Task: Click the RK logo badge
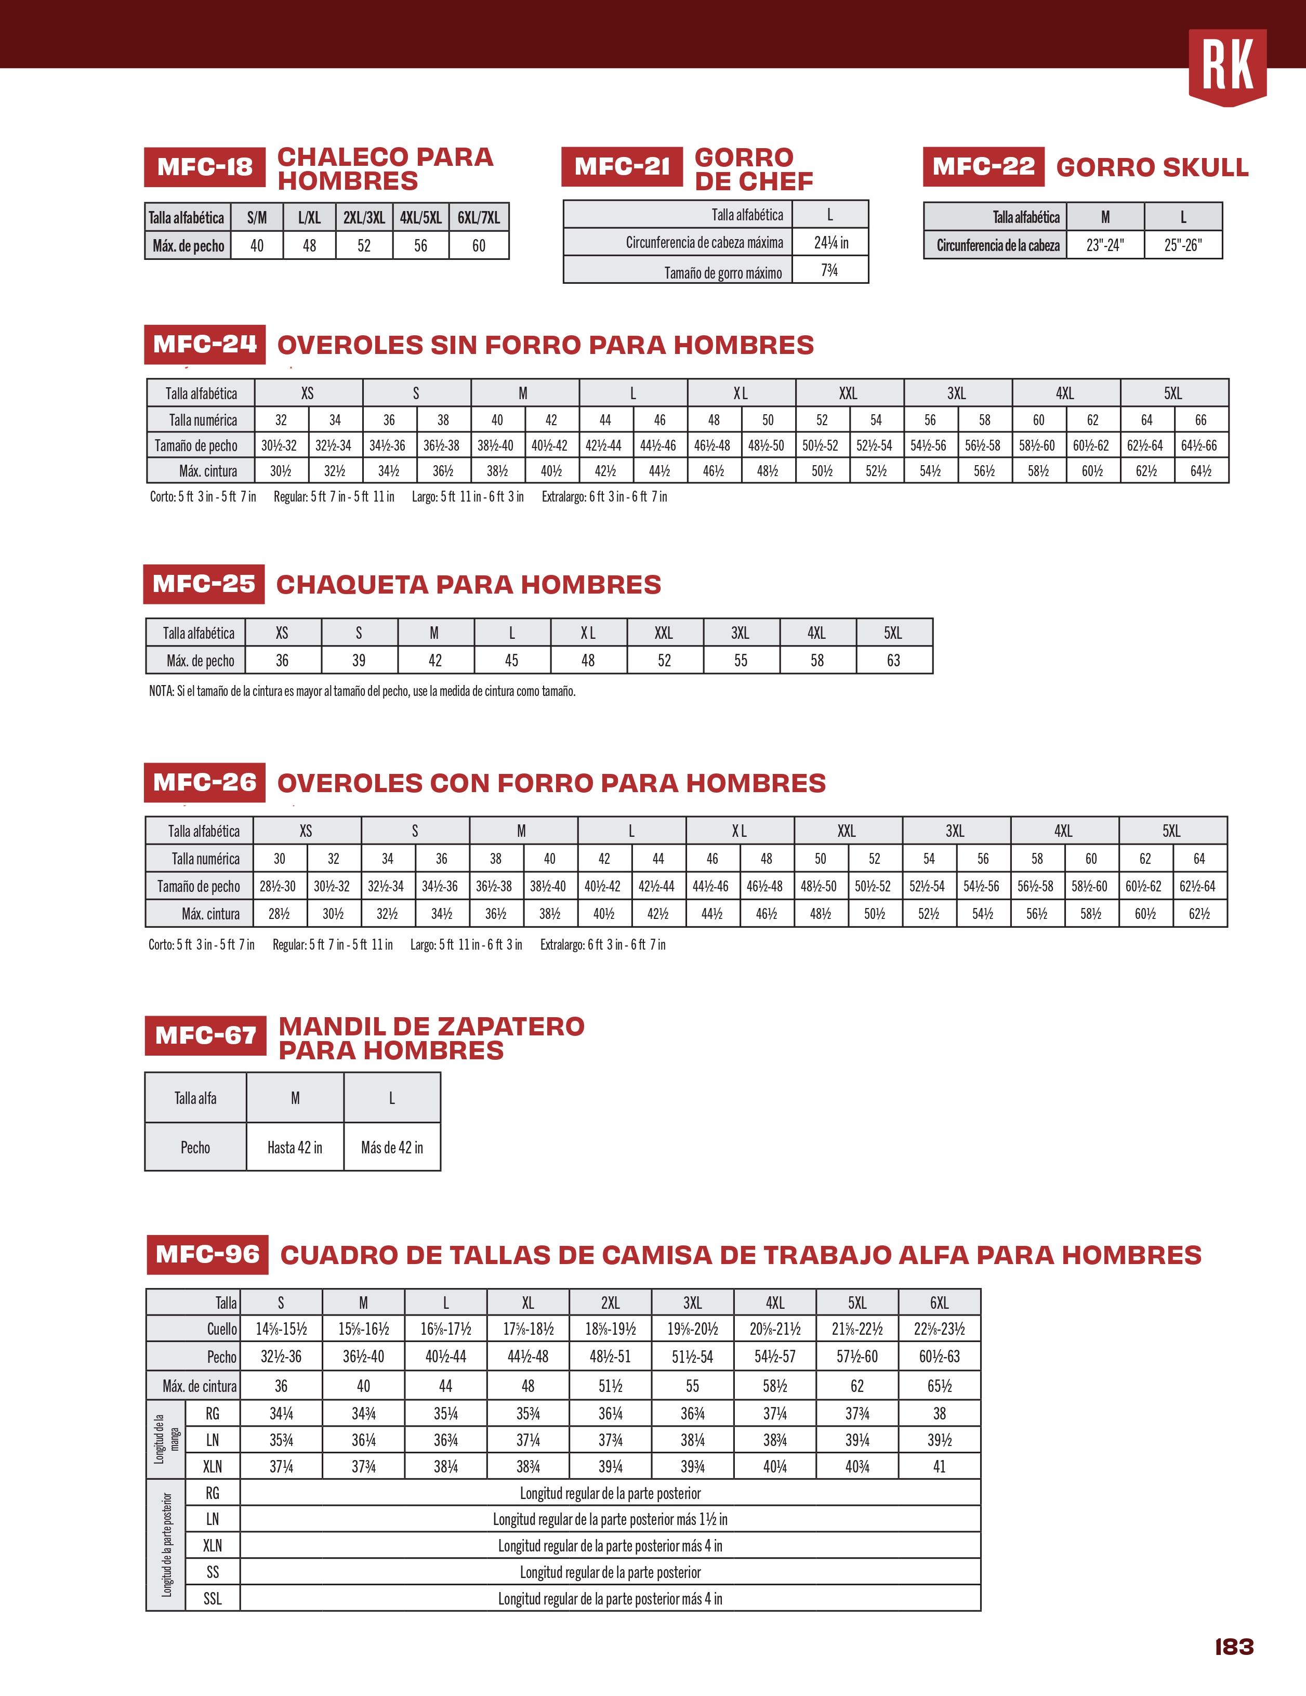tap(1227, 67)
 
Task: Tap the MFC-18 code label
tap(205, 167)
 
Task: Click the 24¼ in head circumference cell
tap(830, 242)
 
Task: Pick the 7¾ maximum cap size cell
tap(829, 270)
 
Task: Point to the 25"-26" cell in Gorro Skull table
tap(1182, 245)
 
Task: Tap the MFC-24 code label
tap(205, 344)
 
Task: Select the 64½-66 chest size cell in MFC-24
tap(1199, 446)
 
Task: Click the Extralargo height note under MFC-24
tap(604, 497)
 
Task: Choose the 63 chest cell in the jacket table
tap(894, 661)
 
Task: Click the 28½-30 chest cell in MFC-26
tap(278, 886)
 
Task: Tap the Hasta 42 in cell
tap(295, 1147)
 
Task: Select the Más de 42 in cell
tap(392, 1147)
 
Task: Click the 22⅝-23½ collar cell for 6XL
tap(940, 1329)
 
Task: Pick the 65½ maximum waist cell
tap(940, 1386)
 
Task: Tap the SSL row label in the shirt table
tap(212, 1599)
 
